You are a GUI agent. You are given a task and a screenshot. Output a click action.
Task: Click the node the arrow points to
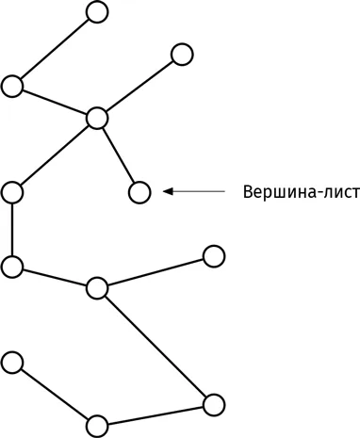[139, 192]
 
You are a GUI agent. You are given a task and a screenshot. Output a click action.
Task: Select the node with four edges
[97, 119]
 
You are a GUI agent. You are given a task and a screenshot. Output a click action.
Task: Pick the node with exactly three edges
[97, 288]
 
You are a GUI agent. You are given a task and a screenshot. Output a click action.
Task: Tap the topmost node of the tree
[97, 12]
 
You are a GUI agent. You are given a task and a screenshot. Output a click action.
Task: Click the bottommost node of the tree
[97, 427]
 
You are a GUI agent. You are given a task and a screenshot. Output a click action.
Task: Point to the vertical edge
[12, 230]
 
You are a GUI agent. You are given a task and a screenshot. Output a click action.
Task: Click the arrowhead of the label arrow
[168, 191]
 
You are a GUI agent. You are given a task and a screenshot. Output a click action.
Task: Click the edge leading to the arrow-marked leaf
[119, 155]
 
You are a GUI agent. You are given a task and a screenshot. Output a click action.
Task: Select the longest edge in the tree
[155, 347]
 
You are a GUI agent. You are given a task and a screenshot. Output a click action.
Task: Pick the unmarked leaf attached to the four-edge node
[182, 55]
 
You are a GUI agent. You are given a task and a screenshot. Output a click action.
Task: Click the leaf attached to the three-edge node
[214, 256]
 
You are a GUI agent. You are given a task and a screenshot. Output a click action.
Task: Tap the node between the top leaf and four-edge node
[12, 87]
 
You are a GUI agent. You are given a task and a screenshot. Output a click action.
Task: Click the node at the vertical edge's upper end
[12, 192]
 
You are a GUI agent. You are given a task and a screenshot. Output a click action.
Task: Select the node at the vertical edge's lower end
[12, 267]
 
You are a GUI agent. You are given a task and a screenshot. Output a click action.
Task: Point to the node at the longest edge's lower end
[214, 405]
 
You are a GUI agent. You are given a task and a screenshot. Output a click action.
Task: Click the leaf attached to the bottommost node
[12, 363]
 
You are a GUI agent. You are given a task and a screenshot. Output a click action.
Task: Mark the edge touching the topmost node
[55, 49]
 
